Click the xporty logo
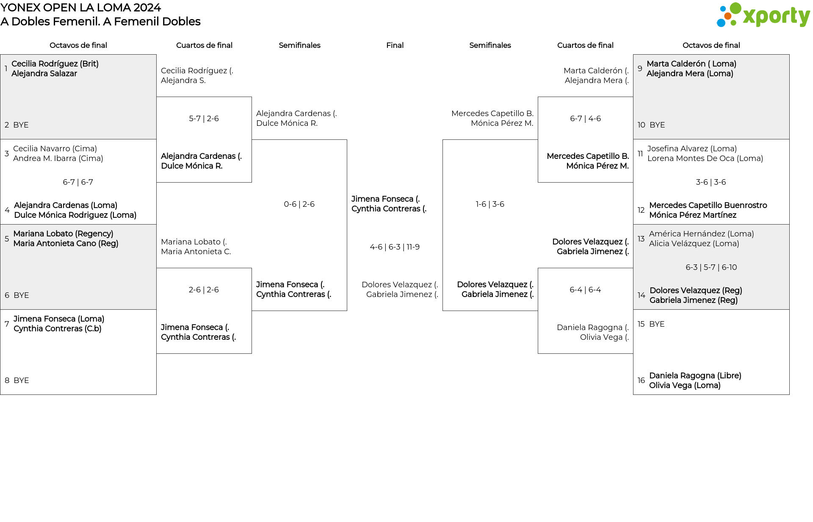coord(763,15)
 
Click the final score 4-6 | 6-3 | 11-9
coord(395,247)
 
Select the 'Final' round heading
coord(395,45)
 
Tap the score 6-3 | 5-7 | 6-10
coord(711,267)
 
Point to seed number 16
coord(641,380)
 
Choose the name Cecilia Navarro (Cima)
coord(55,149)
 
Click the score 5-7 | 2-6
coord(204,119)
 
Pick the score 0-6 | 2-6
coord(299,204)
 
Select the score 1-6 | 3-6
coord(490,204)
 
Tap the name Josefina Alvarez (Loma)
coord(692,149)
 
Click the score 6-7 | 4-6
coord(585,119)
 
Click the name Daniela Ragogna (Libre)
coord(695,376)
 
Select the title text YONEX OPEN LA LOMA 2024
coord(80,8)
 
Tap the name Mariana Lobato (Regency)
coord(63,234)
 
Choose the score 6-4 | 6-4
coord(585,290)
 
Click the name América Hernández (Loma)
coord(701,234)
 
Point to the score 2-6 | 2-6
coord(204,290)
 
